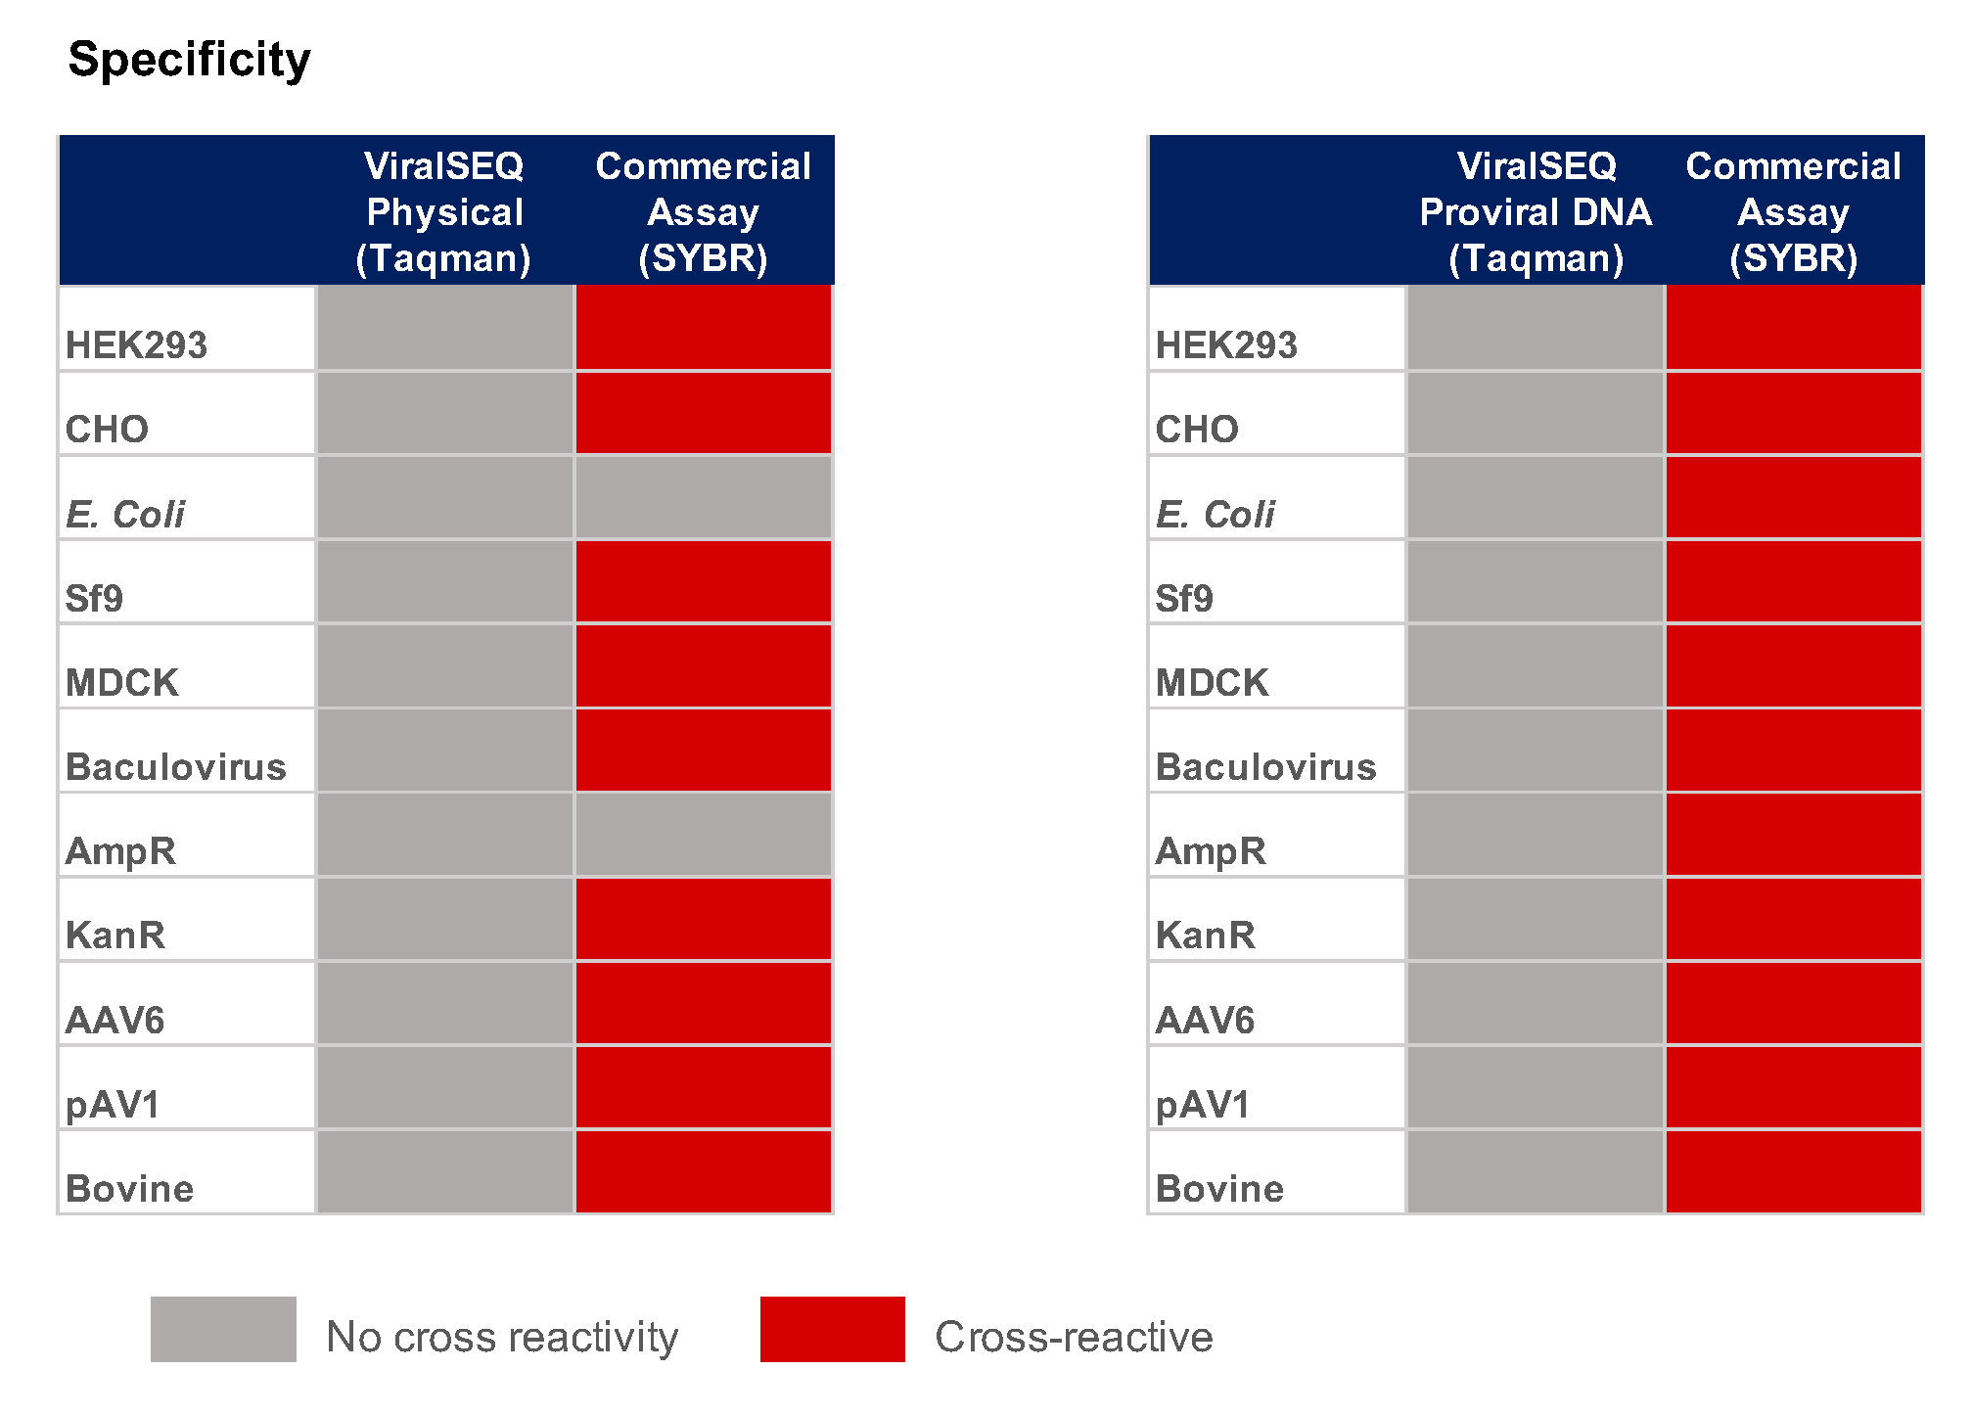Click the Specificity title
point(189,60)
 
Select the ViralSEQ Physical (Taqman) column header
point(444,211)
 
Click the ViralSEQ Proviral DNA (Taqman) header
point(1535,211)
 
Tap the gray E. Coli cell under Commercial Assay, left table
point(703,497)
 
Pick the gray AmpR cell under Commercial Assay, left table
point(703,835)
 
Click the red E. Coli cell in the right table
point(1793,497)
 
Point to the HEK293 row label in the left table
point(136,344)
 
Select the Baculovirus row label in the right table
point(1265,766)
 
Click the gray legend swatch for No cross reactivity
point(223,1329)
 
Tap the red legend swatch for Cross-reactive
point(832,1329)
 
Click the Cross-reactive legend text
point(1074,1337)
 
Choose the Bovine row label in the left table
point(129,1188)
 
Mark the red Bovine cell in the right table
point(1793,1172)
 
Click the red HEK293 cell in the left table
point(703,328)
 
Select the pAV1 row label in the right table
point(1203,1104)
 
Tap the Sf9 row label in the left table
point(94,597)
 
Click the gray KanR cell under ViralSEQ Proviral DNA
point(1535,920)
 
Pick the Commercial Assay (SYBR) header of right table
point(1793,211)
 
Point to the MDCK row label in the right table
point(1212,682)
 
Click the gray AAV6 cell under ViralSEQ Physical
point(444,1004)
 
